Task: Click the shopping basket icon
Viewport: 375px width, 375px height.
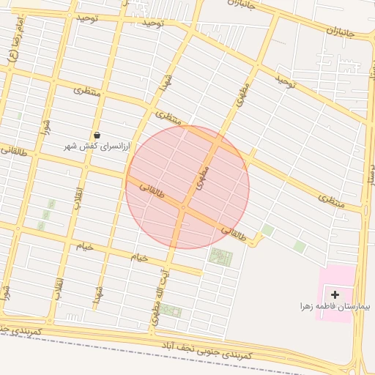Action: pyautogui.click(x=97, y=135)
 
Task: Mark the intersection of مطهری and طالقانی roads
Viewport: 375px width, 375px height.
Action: pyautogui.click(x=183, y=208)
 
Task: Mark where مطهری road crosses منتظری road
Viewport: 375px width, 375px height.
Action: pyautogui.click(x=219, y=140)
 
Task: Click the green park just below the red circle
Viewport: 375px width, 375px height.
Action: pyautogui.click(x=220, y=256)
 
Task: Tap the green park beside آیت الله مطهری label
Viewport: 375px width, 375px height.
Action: pyautogui.click(x=171, y=311)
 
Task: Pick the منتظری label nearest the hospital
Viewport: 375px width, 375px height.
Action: pyautogui.click(x=331, y=199)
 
